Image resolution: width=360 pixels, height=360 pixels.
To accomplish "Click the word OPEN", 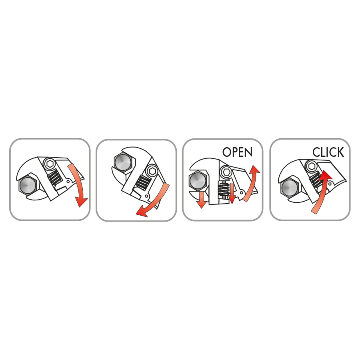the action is click(237, 152).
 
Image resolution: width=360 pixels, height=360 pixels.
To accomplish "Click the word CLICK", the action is click(328, 152).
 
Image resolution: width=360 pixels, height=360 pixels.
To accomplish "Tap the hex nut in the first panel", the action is click(28, 185).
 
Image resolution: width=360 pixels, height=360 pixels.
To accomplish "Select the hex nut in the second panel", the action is click(123, 162).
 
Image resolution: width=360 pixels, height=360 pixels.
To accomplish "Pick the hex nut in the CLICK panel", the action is click(290, 187).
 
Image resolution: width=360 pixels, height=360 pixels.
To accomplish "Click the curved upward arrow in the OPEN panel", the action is click(252, 184).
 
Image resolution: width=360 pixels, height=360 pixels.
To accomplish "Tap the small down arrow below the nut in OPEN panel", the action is click(202, 200).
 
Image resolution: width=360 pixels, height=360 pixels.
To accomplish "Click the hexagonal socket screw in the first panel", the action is click(49, 164).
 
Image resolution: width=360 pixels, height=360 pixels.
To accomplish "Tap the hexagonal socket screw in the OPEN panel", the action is click(226, 171).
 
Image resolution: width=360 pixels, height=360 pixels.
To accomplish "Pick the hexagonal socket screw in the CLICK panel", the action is click(312, 166).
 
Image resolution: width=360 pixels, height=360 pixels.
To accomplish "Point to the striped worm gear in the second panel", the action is click(143, 182).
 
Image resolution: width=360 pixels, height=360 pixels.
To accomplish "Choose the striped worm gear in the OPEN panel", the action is click(223, 189).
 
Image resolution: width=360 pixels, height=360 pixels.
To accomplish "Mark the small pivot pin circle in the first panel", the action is click(68, 182).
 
